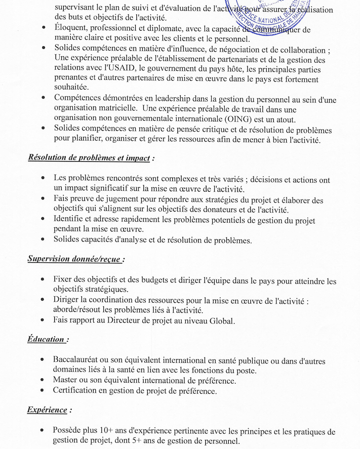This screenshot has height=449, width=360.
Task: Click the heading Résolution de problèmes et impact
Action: [x=89, y=157]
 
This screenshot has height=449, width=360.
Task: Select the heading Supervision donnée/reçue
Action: [x=74, y=259]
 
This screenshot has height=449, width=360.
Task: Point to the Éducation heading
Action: [x=46, y=339]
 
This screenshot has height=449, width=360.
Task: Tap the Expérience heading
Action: [x=47, y=410]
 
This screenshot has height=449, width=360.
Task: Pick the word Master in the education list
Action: [x=66, y=380]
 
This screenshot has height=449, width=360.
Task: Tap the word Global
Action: [x=221, y=320]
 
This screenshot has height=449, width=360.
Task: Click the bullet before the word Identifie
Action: [x=43, y=219]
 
